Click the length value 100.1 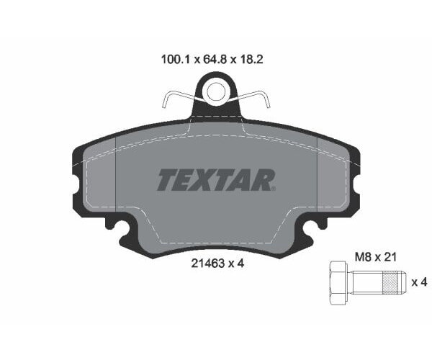pyautogui.click(x=175, y=60)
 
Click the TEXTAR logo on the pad pyautogui.click(x=217, y=180)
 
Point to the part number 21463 pyautogui.click(x=208, y=264)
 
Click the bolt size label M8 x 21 pyautogui.click(x=376, y=257)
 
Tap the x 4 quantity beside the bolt pyautogui.click(x=419, y=282)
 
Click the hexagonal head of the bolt pyautogui.click(x=338, y=283)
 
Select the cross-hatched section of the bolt pyautogui.click(x=391, y=282)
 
